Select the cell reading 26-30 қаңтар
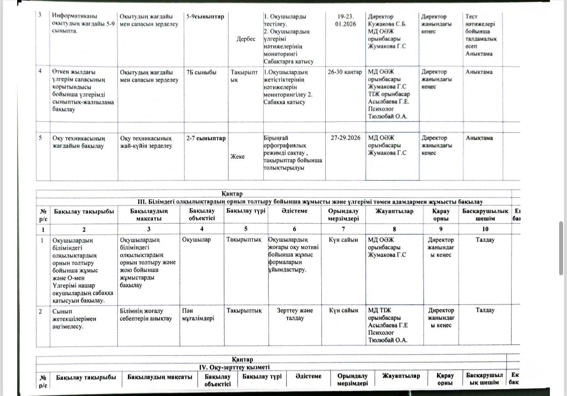345,72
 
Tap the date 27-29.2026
345,138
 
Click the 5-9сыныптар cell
205,17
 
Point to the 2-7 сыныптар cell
206,138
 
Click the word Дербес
246,39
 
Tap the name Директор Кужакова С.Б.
387,20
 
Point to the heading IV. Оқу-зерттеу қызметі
235,367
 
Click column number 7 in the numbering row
343,229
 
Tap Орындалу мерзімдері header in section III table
343,215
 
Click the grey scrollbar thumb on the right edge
561,248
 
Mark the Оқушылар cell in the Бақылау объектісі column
196,240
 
